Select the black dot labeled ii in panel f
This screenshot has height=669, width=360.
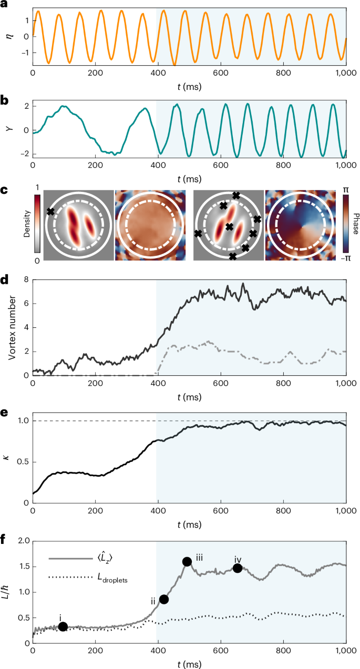pyautogui.click(x=164, y=599)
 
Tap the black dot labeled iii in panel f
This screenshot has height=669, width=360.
pyautogui.click(x=187, y=561)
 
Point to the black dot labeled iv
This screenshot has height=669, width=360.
pyautogui.click(x=238, y=568)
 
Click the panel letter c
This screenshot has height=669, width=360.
pyautogui.click(x=5, y=177)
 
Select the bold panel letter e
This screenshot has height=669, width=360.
pyautogui.click(x=5, y=398)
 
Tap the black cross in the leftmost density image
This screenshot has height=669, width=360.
pyautogui.click(x=50, y=212)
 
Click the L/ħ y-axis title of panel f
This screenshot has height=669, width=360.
pyautogui.click(x=11, y=592)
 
